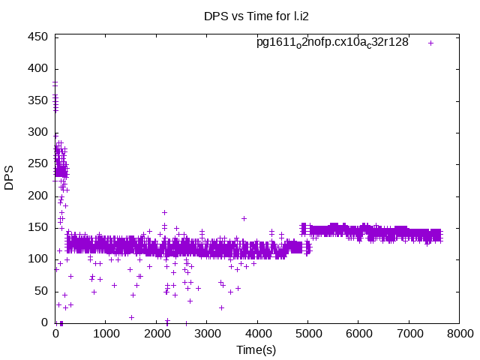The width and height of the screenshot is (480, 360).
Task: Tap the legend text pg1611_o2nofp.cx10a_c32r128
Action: (x=332, y=42)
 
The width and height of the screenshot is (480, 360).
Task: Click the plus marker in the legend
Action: (x=431, y=43)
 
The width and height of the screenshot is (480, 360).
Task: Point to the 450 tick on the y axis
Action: (x=39, y=37)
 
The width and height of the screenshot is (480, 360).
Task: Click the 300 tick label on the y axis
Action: (x=39, y=132)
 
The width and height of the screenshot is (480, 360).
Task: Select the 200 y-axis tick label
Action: (x=39, y=196)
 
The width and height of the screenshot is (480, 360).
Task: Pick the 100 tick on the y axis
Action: (x=39, y=259)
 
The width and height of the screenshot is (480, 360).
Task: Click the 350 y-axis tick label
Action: (x=39, y=100)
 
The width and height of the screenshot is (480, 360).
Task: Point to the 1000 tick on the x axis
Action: (x=106, y=334)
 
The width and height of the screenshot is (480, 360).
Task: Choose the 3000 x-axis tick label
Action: (x=207, y=334)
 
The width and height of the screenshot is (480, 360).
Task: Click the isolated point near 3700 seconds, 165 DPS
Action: (x=244, y=218)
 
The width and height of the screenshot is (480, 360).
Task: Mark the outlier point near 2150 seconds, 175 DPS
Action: (x=164, y=212)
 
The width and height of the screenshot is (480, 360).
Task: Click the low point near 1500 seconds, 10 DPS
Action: (x=131, y=317)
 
